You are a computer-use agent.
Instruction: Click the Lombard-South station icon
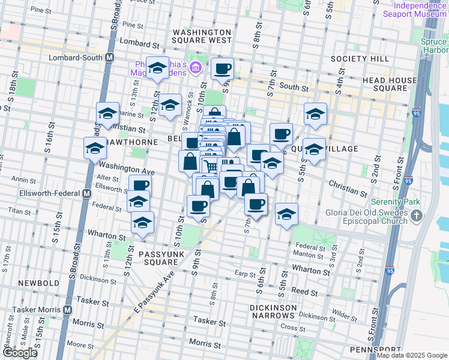pos(110,58)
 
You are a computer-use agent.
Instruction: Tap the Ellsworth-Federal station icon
pos(86,194)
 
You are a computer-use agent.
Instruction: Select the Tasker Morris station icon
pos(67,310)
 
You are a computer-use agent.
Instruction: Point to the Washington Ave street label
pos(127,169)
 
